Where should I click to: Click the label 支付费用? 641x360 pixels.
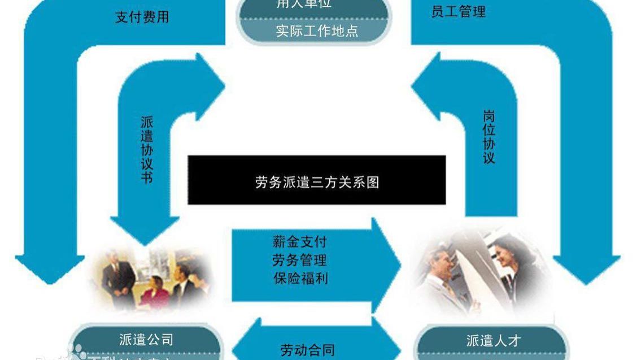[x=142, y=17]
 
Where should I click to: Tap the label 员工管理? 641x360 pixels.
[x=458, y=12]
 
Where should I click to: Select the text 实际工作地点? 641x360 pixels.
[x=316, y=31]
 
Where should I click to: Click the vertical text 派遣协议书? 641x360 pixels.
[x=147, y=150]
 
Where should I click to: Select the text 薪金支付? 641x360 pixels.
[x=299, y=242]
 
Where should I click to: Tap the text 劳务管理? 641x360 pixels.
[x=299, y=261]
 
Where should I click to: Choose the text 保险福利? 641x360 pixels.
[x=299, y=278]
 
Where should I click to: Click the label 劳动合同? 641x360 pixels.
[x=307, y=350]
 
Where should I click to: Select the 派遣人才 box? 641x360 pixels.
[x=493, y=341]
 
